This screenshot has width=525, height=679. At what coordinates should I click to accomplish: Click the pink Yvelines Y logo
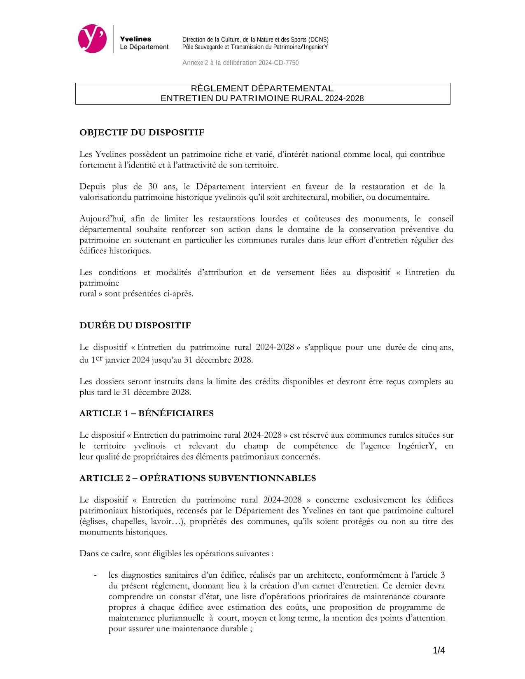tap(92, 39)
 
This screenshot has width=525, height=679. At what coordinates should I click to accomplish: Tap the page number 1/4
tap(439, 651)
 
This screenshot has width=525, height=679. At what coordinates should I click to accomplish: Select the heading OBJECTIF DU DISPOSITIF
tap(142, 133)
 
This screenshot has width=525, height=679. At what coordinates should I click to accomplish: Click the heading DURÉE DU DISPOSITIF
tap(135, 325)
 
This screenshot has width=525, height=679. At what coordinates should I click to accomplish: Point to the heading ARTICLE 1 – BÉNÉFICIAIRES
tap(146, 413)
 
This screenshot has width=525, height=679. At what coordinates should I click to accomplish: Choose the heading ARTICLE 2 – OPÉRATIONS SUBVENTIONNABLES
tap(198, 478)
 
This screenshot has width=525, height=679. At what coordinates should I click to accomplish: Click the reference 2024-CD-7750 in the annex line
tap(279, 63)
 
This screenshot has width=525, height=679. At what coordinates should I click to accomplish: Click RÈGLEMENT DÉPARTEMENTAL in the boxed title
tap(262, 89)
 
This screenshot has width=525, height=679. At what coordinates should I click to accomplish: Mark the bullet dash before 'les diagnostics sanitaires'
tap(96, 575)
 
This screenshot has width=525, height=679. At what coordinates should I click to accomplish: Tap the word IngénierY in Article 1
tap(417, 446)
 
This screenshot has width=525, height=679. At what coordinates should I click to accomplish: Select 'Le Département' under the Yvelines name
tap(144, 47)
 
